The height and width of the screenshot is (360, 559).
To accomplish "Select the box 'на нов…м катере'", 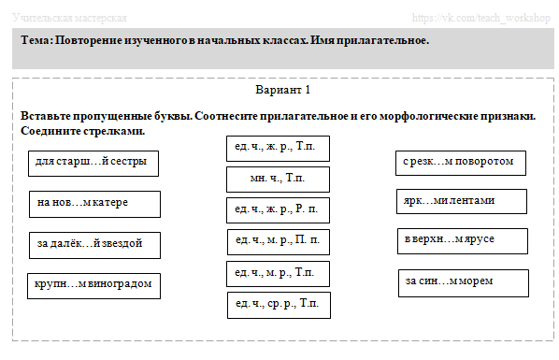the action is [x=94, y=203].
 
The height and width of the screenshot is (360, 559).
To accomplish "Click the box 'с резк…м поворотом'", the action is [x=460, y=162].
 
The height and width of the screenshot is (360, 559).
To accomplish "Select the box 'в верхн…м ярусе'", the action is [x=457, y=240].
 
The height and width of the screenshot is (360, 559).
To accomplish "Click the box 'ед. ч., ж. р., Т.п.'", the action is [x=277, y=149].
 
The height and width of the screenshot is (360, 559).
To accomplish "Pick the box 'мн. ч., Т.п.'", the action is [x=277, y=179].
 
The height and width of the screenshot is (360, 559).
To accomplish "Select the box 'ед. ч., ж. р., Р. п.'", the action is [x=278, y=210].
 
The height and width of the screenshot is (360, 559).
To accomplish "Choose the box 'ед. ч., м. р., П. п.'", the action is [x=278, y=241].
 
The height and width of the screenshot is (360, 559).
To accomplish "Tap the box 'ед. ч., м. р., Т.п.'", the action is [x=278, y=273].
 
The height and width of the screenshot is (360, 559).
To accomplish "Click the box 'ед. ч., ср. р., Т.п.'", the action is [x=278, y=305].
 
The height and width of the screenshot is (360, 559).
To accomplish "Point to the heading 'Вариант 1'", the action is [x=282, y=91].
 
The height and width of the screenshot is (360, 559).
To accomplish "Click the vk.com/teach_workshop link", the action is [x=485, y=18].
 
